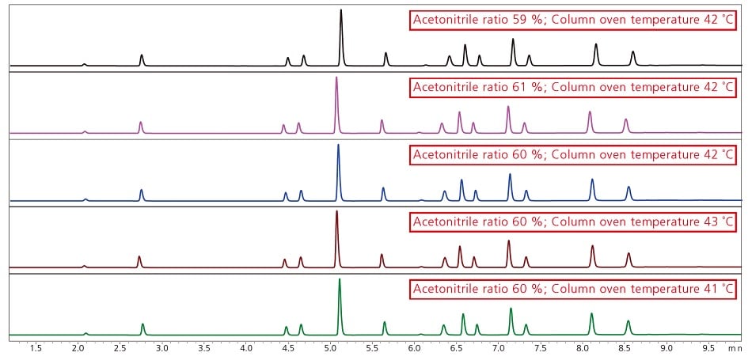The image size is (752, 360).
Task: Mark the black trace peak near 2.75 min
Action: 142,57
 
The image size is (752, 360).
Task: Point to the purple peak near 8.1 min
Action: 590,113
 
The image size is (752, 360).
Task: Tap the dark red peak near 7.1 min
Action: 509,242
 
